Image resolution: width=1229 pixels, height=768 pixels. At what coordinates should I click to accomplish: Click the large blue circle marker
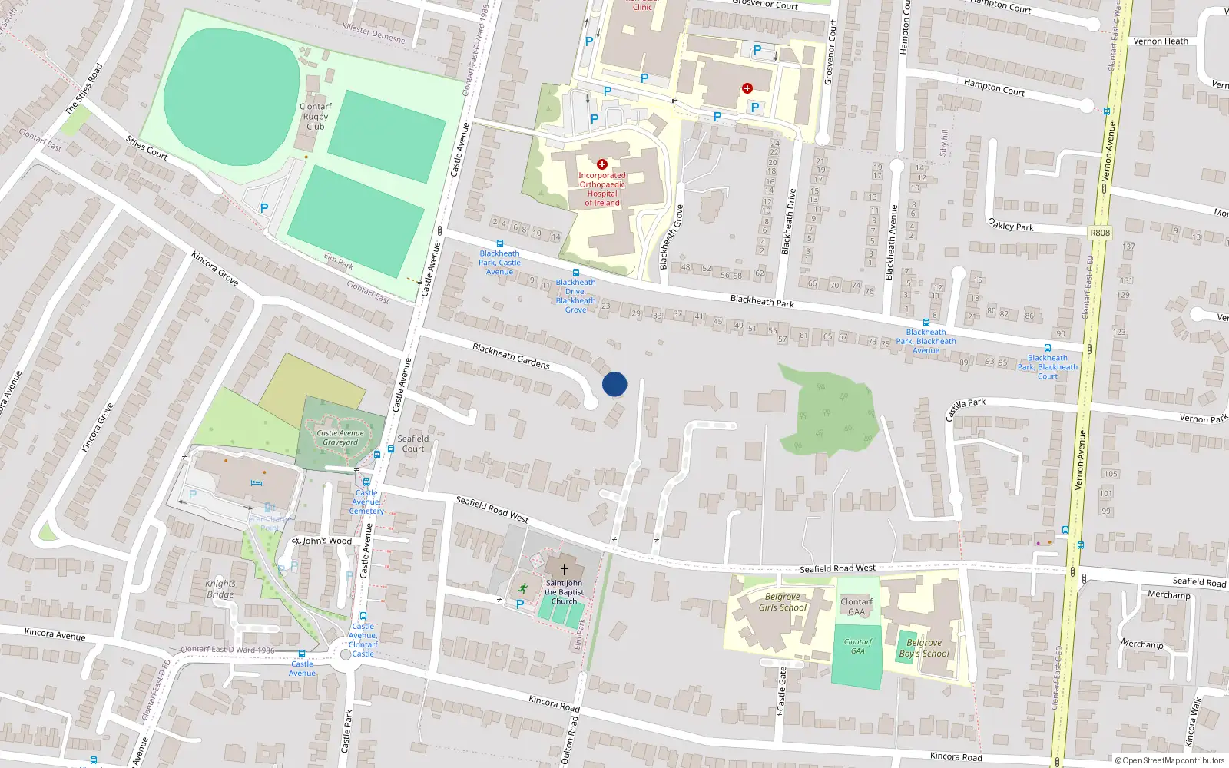614,384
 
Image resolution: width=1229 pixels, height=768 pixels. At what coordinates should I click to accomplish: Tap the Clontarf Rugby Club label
316,117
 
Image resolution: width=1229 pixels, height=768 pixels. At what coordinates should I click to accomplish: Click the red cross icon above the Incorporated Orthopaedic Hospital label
602,164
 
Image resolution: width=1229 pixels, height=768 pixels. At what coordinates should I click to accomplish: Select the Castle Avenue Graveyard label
340,438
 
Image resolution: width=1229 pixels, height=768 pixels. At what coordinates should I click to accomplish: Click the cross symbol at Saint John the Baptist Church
565,570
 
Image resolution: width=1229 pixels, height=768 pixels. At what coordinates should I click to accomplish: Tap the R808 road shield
1100,233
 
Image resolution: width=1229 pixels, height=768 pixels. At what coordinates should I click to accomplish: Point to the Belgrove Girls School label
783,602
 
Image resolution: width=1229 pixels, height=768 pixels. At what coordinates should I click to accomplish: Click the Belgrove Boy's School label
924,648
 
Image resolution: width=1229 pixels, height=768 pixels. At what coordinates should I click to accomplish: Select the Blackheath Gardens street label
511,356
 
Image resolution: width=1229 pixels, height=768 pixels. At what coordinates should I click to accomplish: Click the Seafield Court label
413,444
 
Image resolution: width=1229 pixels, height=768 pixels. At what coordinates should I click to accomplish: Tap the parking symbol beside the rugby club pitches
264,208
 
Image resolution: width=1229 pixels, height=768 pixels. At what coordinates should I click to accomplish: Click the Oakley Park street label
1010,225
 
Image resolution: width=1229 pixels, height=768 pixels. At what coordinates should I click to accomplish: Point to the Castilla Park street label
965,409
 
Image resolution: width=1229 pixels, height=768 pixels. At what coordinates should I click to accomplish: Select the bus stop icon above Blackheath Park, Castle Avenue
499,243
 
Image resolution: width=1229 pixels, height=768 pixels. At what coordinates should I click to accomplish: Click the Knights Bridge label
220,589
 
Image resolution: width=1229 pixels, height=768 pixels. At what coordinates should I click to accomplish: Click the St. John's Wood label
323,541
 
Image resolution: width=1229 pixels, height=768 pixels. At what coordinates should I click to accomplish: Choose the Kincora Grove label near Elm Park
215,269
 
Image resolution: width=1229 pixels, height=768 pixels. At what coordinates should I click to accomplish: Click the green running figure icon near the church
523,589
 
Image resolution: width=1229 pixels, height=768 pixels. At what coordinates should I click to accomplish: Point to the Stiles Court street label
147,147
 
